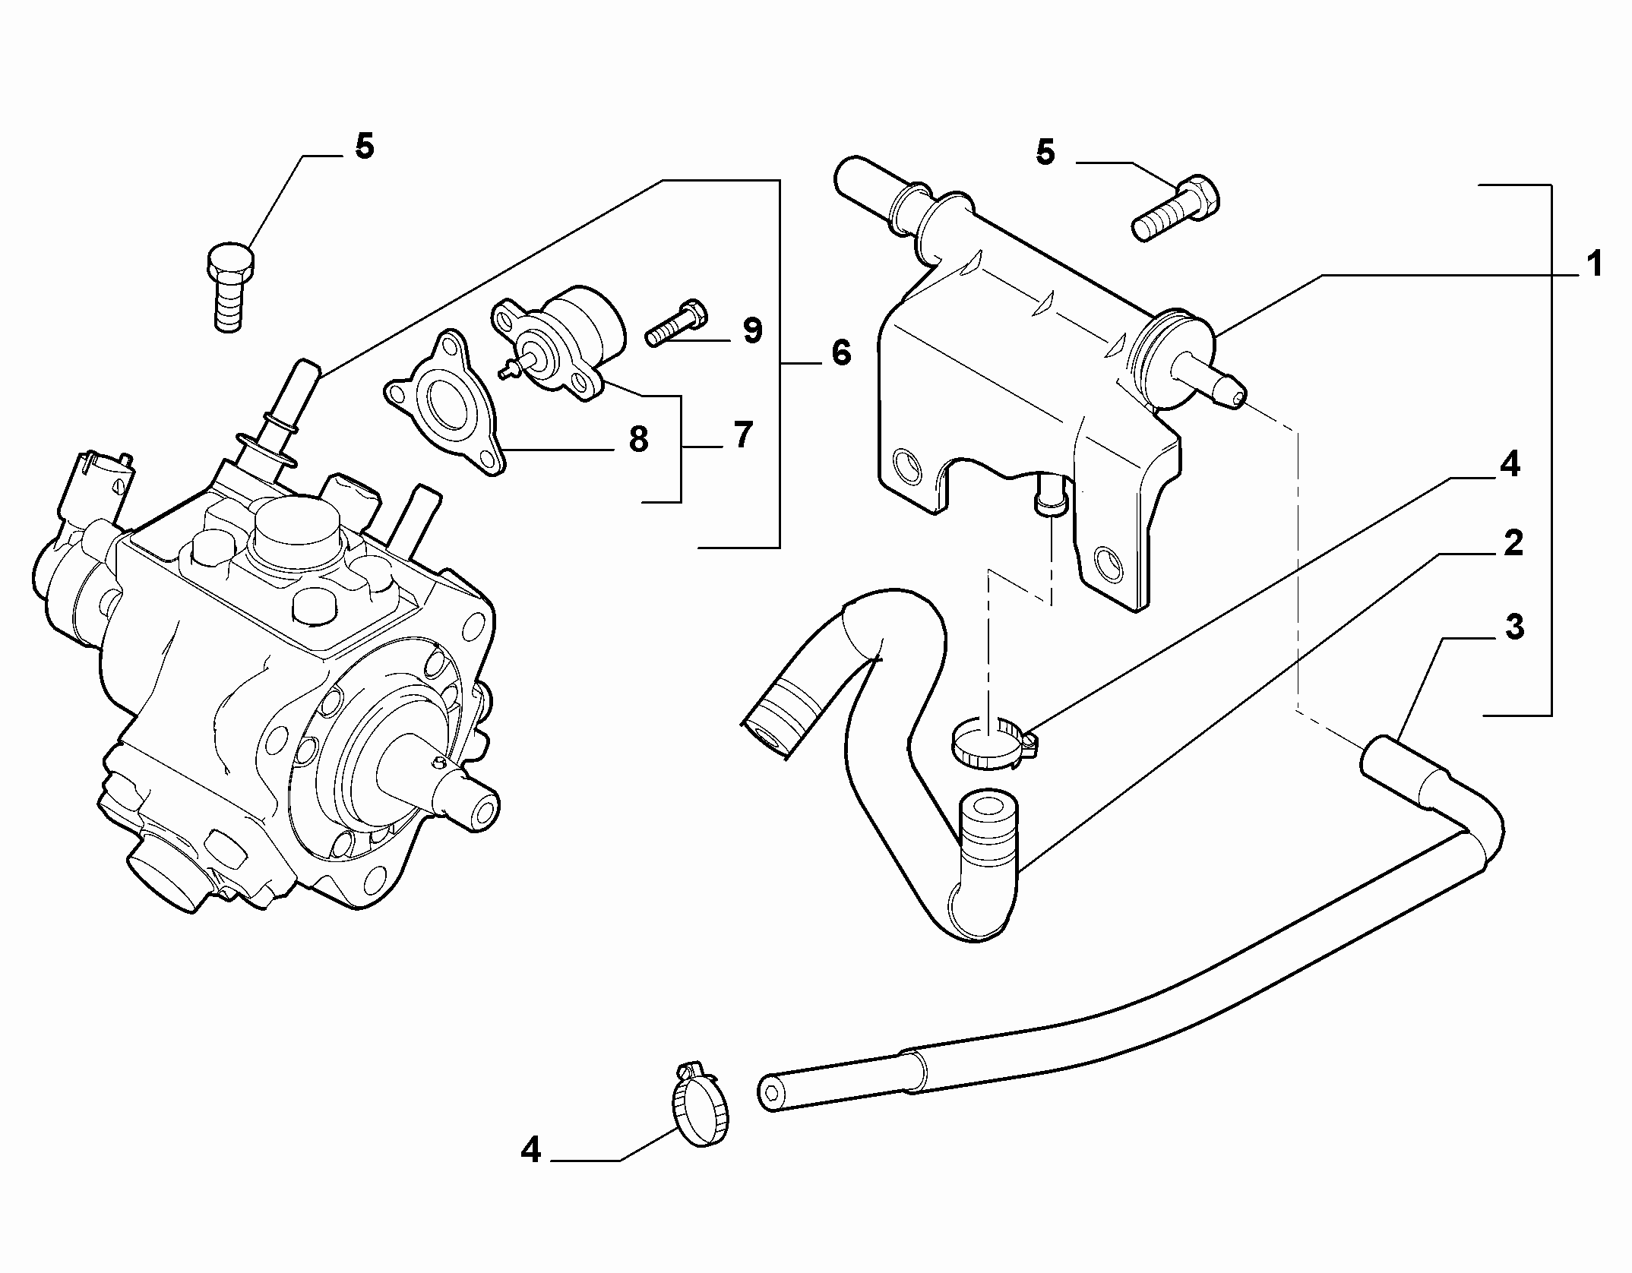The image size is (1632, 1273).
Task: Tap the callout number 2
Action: point(1513,544)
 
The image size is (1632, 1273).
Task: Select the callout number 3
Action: point(1514,628)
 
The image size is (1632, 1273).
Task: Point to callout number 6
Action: point(841,352)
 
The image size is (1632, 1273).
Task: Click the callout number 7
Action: point(742,434)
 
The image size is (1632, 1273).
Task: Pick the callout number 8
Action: point(637,440)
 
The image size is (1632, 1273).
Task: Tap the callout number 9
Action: point(751,331)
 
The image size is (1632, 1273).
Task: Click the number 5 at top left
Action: point(365,147)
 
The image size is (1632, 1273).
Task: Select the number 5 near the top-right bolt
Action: point(1045,153)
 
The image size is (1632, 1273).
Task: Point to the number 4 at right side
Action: point(1509,464)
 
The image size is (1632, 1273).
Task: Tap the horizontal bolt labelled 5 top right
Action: point(1176,208)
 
